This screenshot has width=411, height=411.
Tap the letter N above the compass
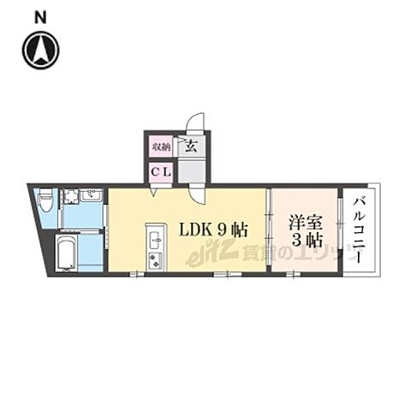tap(40, 16)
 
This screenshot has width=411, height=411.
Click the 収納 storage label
tap(161, 146)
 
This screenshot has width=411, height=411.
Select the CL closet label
tap(161, 171)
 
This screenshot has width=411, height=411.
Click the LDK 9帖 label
tap(213, 229)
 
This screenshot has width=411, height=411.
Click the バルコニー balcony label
tap(359, 229)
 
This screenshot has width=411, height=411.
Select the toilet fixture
tap(45, 203)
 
